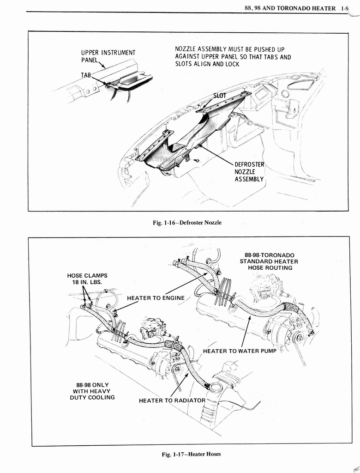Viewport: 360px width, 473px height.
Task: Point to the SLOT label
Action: (220, 96)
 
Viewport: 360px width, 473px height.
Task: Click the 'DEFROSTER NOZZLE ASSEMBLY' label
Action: (249, 171)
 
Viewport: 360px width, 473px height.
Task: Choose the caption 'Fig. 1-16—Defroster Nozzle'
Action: (187, 223)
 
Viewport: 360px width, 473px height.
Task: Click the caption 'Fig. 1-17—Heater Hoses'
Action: (191, 454)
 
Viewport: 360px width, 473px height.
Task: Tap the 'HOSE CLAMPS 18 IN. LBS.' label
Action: (87, 279)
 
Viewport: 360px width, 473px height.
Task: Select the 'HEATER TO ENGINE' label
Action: (156, 298)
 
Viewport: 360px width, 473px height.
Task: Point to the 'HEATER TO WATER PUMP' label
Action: (240, 351)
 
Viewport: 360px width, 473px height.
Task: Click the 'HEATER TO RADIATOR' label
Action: (172, 400)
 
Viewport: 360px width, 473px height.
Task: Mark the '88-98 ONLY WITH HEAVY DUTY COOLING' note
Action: (92, 391)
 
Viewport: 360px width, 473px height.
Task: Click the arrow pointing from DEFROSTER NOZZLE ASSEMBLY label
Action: (217, 154)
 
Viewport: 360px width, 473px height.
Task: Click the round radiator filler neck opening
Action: (216, 388)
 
